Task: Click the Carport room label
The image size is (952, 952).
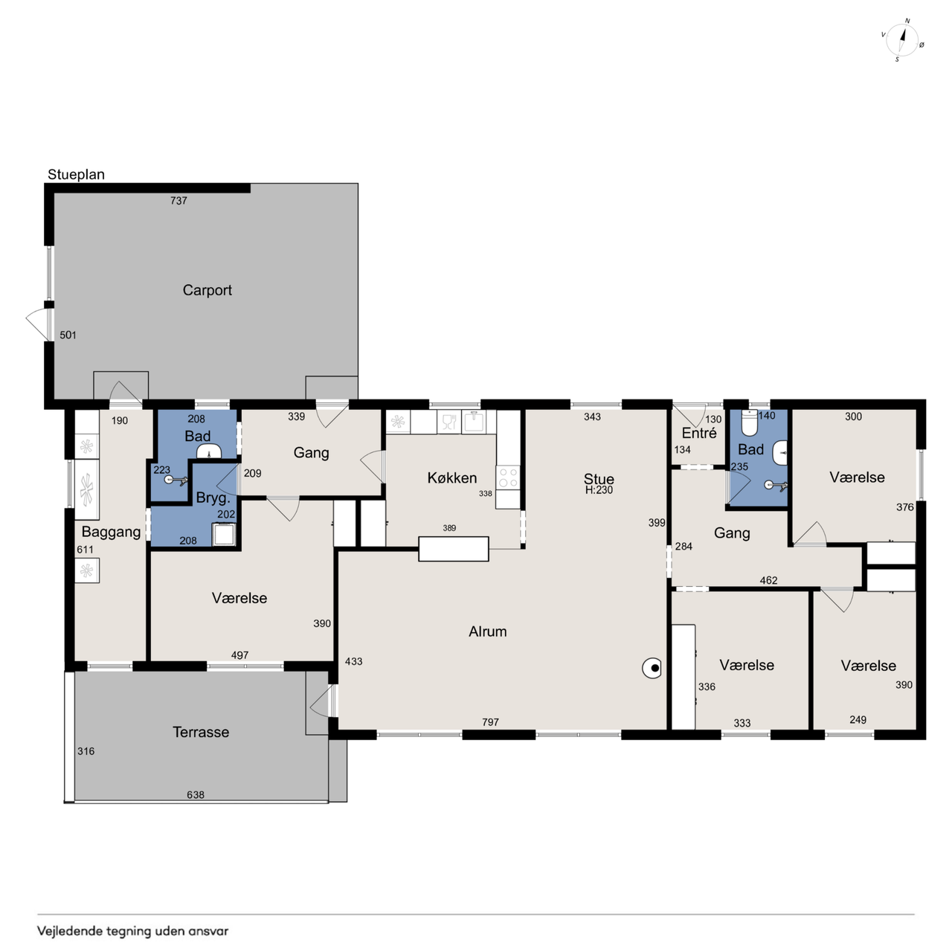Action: coord(207,290)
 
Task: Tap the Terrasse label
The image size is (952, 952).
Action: coord(201,732)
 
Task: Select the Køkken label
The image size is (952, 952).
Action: coord(452,477)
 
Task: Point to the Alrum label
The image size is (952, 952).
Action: coord(488,631)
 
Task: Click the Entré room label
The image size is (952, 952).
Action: coord(699,433)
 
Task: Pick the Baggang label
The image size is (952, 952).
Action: coord(111,532)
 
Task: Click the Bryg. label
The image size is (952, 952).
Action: coord(213,498)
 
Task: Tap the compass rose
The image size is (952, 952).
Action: coord(902,40)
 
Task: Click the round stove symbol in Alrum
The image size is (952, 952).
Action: coord(652,669)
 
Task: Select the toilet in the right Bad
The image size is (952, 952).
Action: coord(750,423)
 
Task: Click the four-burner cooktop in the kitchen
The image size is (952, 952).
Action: coord(508,477)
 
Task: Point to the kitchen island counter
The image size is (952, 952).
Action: coord(454,549)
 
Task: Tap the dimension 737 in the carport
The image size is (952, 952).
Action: coord(178,201)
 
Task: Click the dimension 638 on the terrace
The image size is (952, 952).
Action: coord(196,795)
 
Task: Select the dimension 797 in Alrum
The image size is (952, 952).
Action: coord(491,722)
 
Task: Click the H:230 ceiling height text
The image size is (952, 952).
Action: coord(599,490)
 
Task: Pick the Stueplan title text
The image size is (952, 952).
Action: coord(76,174)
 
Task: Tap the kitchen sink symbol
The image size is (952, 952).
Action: coord(473,422)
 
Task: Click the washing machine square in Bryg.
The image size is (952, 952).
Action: coord(224,535)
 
